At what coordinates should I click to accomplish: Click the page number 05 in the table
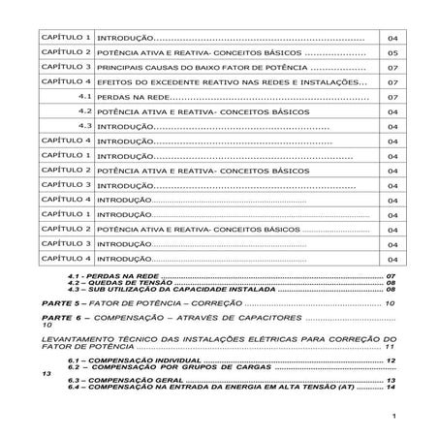(x=392, y=53)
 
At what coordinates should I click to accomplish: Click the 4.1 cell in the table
(x=84, y=98)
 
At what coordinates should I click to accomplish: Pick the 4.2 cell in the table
(x=84, y=112)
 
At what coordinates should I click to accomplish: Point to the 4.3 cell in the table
(x=84, y=127)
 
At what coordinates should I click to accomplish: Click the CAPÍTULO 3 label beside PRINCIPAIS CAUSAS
(x=67, y=68)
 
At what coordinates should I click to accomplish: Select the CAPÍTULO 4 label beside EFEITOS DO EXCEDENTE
(x=67, y=82)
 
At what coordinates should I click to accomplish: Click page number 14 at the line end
(x=391, y=389)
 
